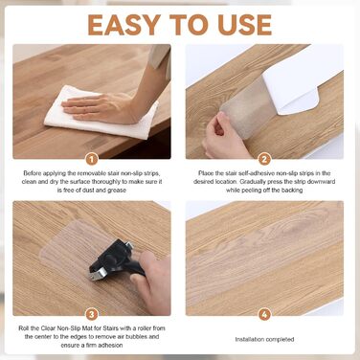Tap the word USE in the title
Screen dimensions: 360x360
(245, 25)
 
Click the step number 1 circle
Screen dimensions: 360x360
(92, 159)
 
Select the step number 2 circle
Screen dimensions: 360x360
(264, 159)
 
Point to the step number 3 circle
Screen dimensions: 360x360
(92, 315)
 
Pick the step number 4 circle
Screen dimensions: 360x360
(264, 315)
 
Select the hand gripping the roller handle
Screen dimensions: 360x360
(152, 281)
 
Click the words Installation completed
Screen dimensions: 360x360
(264, 339)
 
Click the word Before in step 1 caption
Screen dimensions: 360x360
(33, 173)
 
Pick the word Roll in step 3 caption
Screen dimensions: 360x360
(24, 328)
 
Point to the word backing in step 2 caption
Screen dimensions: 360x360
(292, 191)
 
